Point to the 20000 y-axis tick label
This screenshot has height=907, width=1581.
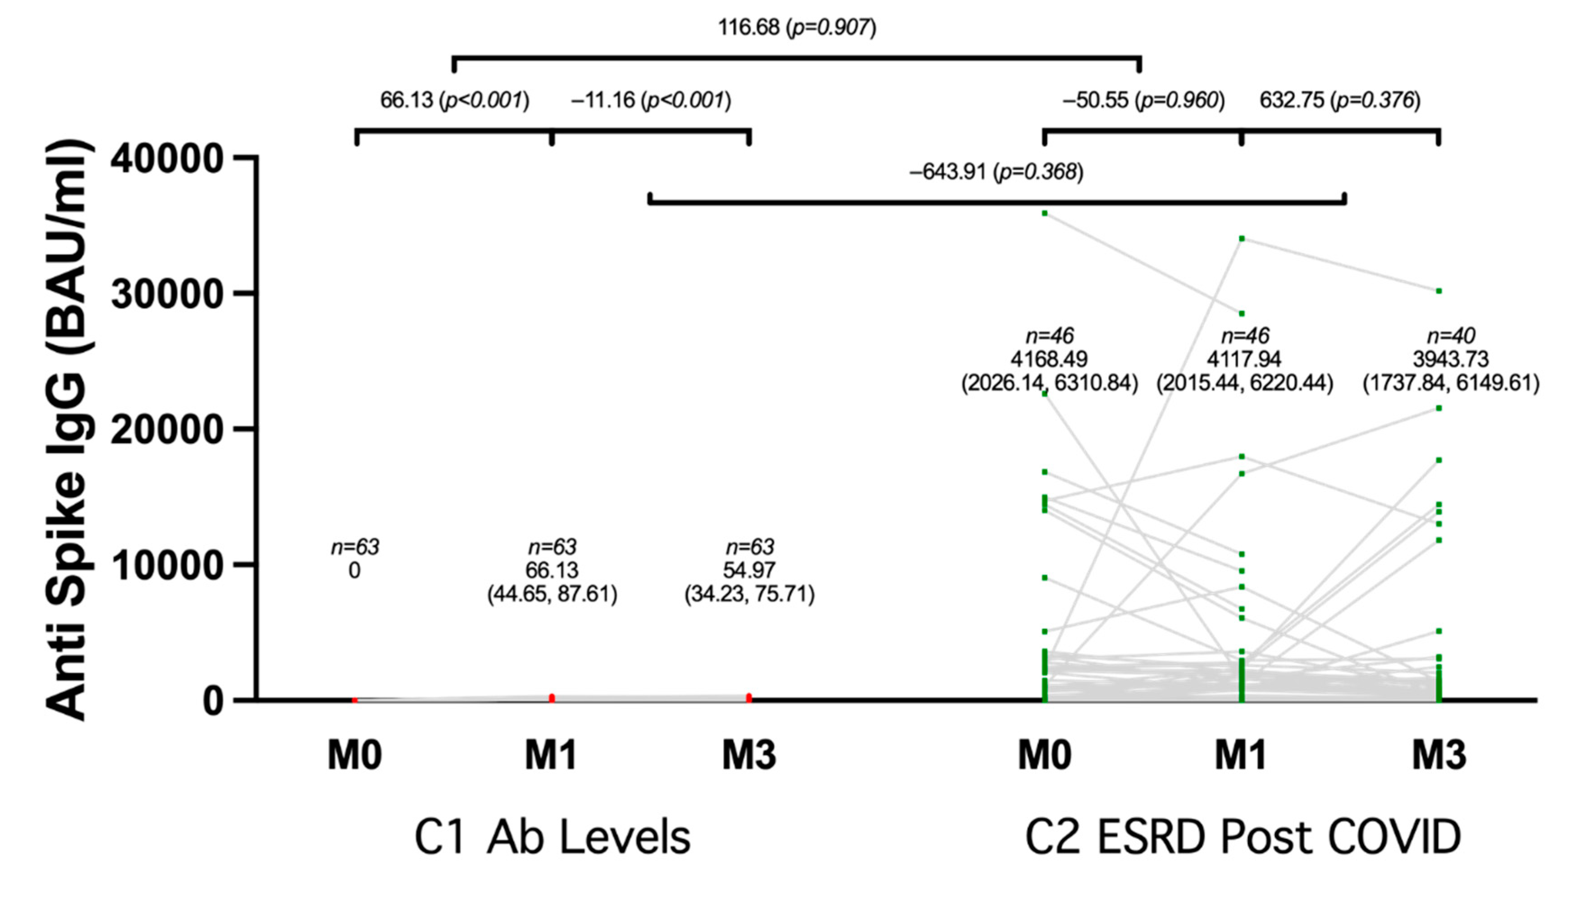coord(166,430)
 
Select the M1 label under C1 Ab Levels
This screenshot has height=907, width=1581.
coord(551,755)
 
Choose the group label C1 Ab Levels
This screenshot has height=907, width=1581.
coord(552,837)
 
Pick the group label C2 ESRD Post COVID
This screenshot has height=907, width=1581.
coord(1243,837)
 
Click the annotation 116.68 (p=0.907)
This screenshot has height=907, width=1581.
coord(797,27)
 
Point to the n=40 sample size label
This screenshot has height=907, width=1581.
coord(1451,337)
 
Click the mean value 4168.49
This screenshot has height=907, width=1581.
coord(1049,360)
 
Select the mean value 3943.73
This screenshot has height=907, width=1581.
coord(1451,360)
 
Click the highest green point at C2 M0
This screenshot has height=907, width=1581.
coord(1045,214)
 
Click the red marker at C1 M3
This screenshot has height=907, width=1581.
coord(749,697)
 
